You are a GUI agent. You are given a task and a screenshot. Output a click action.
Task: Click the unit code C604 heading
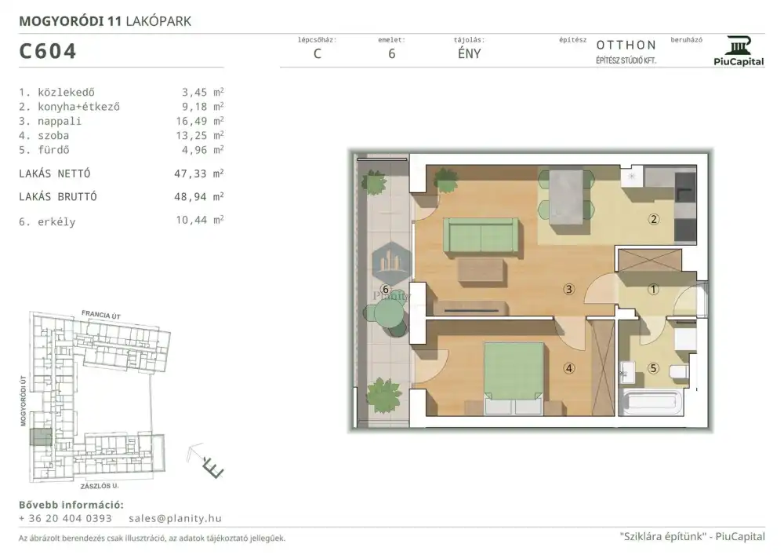(x=48, y=51)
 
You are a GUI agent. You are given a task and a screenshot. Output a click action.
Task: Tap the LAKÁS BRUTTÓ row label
(x=58, y=197)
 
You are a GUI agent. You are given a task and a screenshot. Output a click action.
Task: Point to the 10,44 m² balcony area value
(x=199, y=220)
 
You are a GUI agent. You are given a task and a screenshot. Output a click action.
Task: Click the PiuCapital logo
(x=739, y=51)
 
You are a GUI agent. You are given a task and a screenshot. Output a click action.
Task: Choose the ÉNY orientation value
(x=469, y=53)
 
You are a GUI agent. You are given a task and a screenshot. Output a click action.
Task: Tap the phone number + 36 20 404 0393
(x=66, y=518)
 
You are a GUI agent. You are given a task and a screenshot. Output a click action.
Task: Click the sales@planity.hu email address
(x=175, y=518)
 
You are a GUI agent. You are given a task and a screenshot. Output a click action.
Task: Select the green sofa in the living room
(x=481, y=235)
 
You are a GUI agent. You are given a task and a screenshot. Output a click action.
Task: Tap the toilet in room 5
(x=680, y=372)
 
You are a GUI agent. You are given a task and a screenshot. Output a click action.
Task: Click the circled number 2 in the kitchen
(x=654, y=219)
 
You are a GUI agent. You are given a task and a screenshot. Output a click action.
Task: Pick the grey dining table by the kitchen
(x=566, y=197)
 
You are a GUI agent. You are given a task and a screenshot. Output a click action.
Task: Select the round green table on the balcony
(x=388, y=313)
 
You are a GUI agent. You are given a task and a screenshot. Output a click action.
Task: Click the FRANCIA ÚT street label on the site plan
(x=101, y=315)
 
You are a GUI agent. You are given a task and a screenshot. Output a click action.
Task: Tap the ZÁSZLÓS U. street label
(x=100, y=486)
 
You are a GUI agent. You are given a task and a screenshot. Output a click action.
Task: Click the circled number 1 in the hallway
(x=654, y=289)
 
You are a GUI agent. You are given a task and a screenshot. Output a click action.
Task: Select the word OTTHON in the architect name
(x=626, y=45)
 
